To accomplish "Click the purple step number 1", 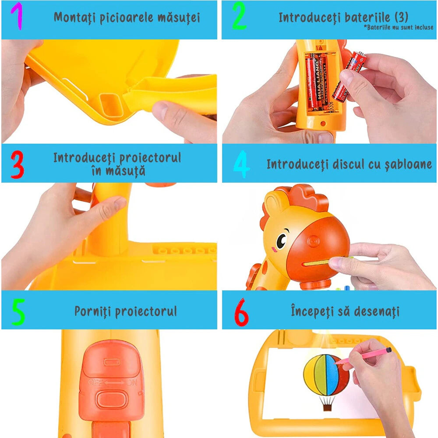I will click(16, 17).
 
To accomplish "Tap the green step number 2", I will click(239, 17).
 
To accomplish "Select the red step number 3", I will click(17, 165).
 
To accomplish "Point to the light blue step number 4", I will click(241, 165).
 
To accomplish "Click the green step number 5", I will click(18, 312).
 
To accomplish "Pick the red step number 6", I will click(241, 312).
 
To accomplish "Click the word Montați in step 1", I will click(74, 18).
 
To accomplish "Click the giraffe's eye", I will click(281, 240).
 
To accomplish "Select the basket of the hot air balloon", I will click(327, 406).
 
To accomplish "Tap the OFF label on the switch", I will click(94, 382).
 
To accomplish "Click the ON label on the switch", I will click(131, 382).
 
